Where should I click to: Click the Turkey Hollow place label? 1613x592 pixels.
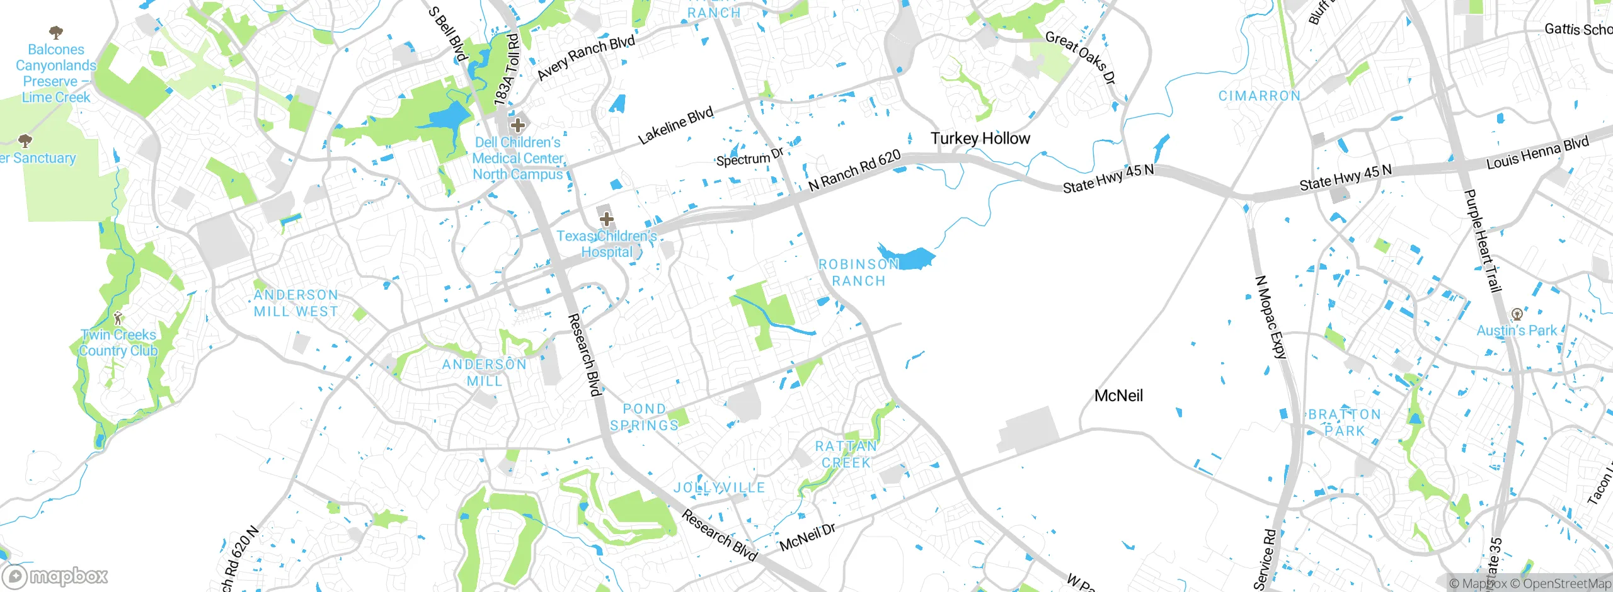[x=980, y=139]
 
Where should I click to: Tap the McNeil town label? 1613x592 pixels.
[x=1118, y=396]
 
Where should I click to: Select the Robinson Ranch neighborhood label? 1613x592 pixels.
[x=858, y=273]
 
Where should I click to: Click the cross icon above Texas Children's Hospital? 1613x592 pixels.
[x=606, y=219]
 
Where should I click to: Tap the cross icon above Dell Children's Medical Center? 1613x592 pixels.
[x=518, y=125]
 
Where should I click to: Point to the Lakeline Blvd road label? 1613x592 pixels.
[x=675, y=125]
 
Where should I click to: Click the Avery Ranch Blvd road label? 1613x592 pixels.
[x=585, y=58]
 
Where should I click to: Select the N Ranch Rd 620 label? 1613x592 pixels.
[x=854, y=171]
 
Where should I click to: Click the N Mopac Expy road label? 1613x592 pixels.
[x=1270, y=317]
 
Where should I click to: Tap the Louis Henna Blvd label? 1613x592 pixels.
[x=1537, y=153]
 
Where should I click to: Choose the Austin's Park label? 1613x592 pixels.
[x=1517, y=330]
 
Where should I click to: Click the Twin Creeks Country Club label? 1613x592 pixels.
[x=118, y=343]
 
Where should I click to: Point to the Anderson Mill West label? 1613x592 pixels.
[x=296, y=303]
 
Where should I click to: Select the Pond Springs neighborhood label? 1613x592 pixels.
[x=644, y=417]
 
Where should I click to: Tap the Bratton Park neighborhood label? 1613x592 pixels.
[x=1345, y=423]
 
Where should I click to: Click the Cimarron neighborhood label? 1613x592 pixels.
[x=1259, y=96]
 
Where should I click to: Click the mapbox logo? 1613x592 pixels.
[x=55, y=576]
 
